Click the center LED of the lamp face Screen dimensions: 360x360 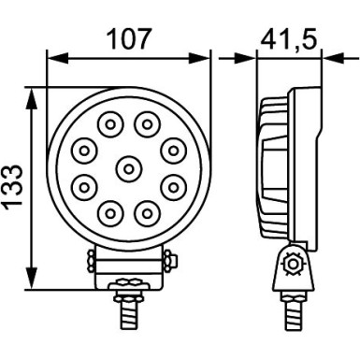[x=127, y=168]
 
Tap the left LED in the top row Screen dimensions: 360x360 [x=110, y=122]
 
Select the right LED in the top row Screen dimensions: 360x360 [x=145, y=122]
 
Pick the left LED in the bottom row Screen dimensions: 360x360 [x=110, y=214]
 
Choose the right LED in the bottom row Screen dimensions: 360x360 [x=145, y=214]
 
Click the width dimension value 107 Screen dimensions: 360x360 [x=128, y=38]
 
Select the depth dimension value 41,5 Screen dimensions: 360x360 [x=289, y=38]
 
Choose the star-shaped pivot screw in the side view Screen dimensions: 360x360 [x=291, y=266]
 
